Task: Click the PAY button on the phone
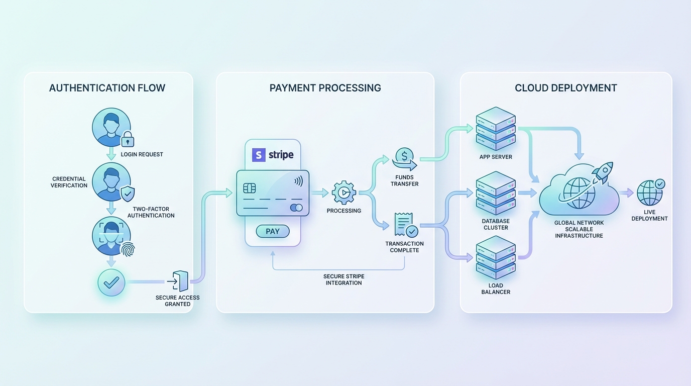[273, 231]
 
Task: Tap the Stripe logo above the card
[273, 154]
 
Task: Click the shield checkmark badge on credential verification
[128, 193]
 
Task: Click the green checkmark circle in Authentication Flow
[111, 282]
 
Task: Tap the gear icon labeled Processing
[344, 192]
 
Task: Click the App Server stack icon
[496, 128]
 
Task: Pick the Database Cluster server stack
[496, 193]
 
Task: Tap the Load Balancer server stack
[496, 258]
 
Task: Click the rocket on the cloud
[602, 172]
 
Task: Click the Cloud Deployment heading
[566, 88]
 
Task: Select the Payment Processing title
[325, 88]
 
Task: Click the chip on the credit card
[250, 187]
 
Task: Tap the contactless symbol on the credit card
[298, 181]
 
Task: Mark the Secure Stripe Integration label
[343, 279]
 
